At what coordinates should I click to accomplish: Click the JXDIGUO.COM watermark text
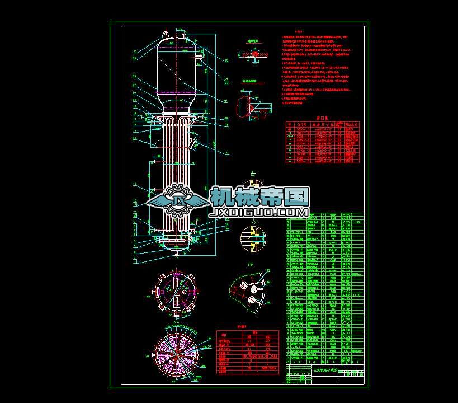[x=258, y=213]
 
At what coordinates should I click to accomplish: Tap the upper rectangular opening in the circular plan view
[x=177, y=283]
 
